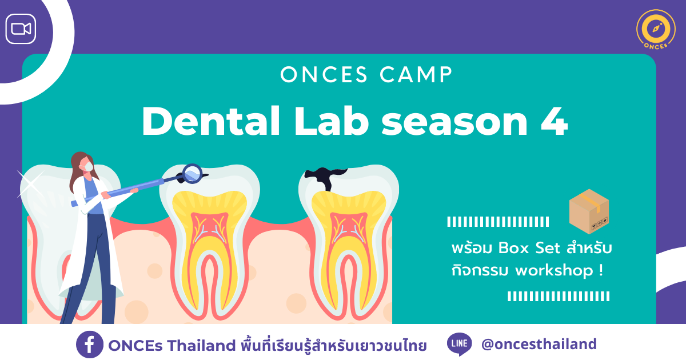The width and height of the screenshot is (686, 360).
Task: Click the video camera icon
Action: pyautogui.click(x=21, y=29)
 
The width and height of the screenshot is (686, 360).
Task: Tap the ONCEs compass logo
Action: pyautogui.click(x=656, y=29)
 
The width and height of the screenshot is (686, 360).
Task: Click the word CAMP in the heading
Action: pyautogui.click(x=416, y=75)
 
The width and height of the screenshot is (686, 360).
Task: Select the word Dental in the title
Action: pyautogui.click(x=211, y=121)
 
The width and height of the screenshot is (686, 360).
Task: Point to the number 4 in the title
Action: pyautogui.click(x=555, y=122)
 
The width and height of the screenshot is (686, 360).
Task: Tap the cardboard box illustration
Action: pyautogui.click(x=589, y=211)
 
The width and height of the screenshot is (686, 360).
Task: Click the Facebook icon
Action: pyautogui.click(x=89, y=345)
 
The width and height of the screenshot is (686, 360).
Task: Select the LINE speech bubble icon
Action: pyautogui.click(x=460, y=344)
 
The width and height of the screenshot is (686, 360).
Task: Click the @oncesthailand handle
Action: pyautogui.click(x=539, y=344)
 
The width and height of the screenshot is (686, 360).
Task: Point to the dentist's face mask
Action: pyautogui.click(x=88, y=167)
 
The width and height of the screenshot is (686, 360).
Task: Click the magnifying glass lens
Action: pyautogui.click(x=192, y=174)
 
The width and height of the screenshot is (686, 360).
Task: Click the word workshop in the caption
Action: pyautogui.click(x=555, y=271)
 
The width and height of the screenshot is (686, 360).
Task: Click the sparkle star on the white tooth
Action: pyautogui.click(x=31, y=184)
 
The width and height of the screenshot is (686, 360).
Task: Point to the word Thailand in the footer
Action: pyautogui.click(x=201, y=345)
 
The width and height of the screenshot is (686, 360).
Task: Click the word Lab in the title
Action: pyautogui.click(x=331, y=121)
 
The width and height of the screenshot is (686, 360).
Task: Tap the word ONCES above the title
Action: pyautogui.click(x=324, y=75)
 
